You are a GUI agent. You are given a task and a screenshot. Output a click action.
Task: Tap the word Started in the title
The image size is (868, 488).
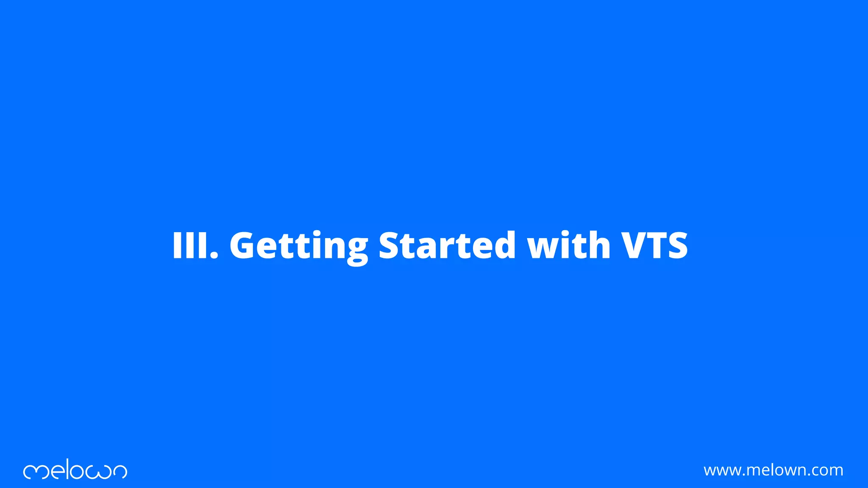tap(447, 245)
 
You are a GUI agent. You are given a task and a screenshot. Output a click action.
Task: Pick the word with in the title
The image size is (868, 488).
tap(568, 245)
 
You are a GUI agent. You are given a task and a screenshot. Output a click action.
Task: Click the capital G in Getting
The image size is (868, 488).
tap(243, 245)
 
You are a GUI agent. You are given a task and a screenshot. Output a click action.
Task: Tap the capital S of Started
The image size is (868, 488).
tap(390, 245)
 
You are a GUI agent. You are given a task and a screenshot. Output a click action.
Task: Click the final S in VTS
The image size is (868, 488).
tap(676, 245)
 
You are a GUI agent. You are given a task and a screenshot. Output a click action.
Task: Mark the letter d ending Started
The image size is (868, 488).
tap(504, 245)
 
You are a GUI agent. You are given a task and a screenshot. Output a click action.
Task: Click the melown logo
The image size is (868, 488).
tap(75, 470)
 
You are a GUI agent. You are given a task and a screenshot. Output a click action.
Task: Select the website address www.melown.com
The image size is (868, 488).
tap(773, 470)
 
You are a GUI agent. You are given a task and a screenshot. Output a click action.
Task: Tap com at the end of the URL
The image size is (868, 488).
tap(826, 471)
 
